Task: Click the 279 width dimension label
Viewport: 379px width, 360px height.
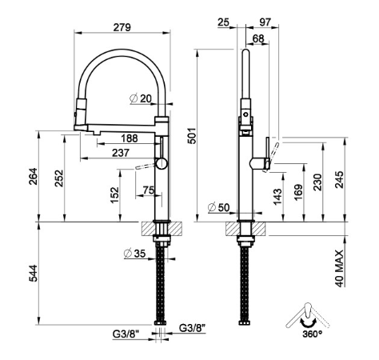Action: [x=122, y=27]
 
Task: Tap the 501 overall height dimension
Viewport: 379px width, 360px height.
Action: [x=192, y=136]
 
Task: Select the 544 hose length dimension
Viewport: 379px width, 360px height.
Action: [x=33, y=274]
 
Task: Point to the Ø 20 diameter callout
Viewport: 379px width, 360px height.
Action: [x=141, y=99]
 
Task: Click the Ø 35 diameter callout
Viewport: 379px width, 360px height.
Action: [x=135, y=254]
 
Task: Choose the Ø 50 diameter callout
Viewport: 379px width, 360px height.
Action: [x=218, y=207]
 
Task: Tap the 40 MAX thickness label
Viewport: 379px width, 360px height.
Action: [x=339, y=269]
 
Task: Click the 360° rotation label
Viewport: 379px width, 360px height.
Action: [x=312, y=334]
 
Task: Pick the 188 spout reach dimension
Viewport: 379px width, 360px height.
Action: [x=130, y=138]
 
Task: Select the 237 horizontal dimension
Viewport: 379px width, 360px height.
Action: [x=121, y=153]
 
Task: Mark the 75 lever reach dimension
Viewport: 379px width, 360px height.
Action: [x=149, y=190]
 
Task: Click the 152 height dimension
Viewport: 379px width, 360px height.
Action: [x=114, y=195]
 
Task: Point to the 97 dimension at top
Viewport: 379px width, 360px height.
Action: [x=265, y=22]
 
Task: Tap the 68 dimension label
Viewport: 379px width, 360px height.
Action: [x=258, y=38]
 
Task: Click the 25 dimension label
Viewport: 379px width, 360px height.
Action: [x=223, y=22]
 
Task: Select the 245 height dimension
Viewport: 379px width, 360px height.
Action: [x=339, y=180]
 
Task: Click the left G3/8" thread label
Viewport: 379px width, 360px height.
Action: [x=126, y=334]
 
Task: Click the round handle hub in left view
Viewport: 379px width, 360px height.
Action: [x=162, y=163]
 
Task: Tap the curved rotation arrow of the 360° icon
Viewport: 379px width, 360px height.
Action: [x=309, y=322]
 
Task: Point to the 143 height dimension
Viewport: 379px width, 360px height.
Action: [x=277, y=197]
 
